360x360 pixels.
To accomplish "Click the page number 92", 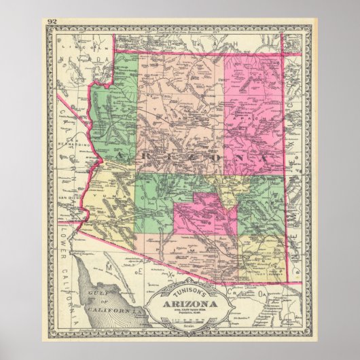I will (52, 22).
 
